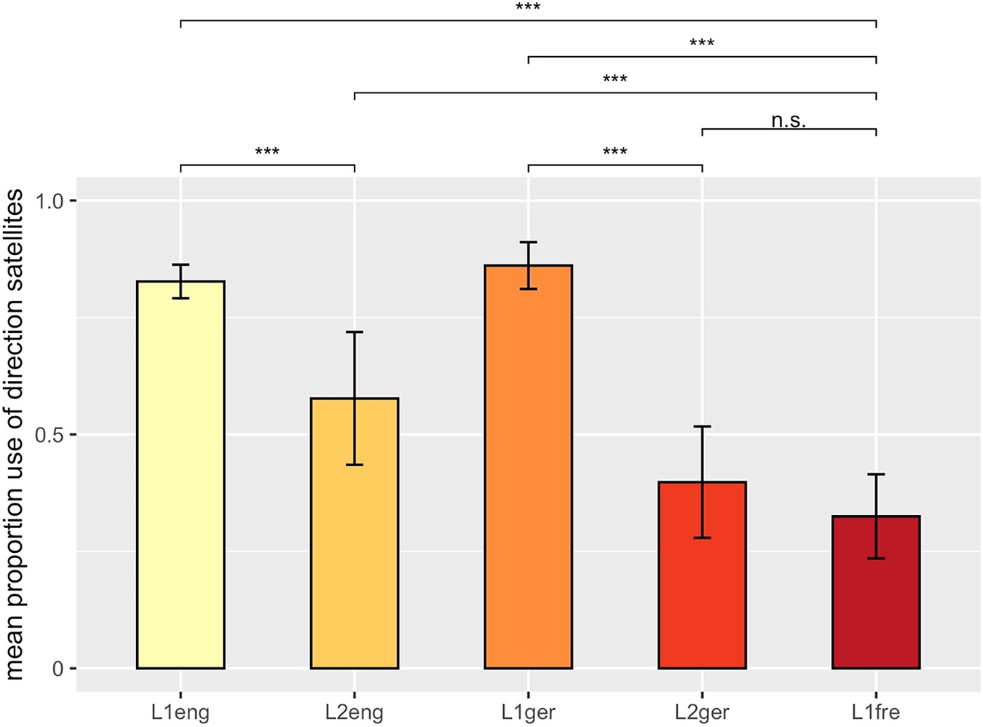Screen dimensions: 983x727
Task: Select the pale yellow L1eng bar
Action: coord(181,475)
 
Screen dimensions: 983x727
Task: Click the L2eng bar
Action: coord(355,533)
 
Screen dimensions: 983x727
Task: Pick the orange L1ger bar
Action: coord(529,467)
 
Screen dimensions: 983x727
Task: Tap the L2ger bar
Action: coord(702,575)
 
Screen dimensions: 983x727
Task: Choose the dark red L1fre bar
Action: coord(876,592)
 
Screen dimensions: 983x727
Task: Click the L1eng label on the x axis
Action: coord(181,712)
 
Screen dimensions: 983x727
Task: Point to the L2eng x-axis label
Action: coord(355,712)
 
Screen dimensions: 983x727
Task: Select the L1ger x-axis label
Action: coord(529,712)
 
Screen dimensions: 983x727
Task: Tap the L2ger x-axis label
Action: coord(702,712)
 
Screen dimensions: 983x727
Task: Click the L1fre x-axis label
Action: coord(876,712)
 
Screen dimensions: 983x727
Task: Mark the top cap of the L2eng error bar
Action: coord(355,331)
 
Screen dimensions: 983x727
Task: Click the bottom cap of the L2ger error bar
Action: coord(702,538)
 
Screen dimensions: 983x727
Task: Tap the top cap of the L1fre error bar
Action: coord(876,474)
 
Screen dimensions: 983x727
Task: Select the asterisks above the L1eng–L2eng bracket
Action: coord(267,152)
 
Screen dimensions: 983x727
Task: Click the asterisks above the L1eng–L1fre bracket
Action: coord(529,7)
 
